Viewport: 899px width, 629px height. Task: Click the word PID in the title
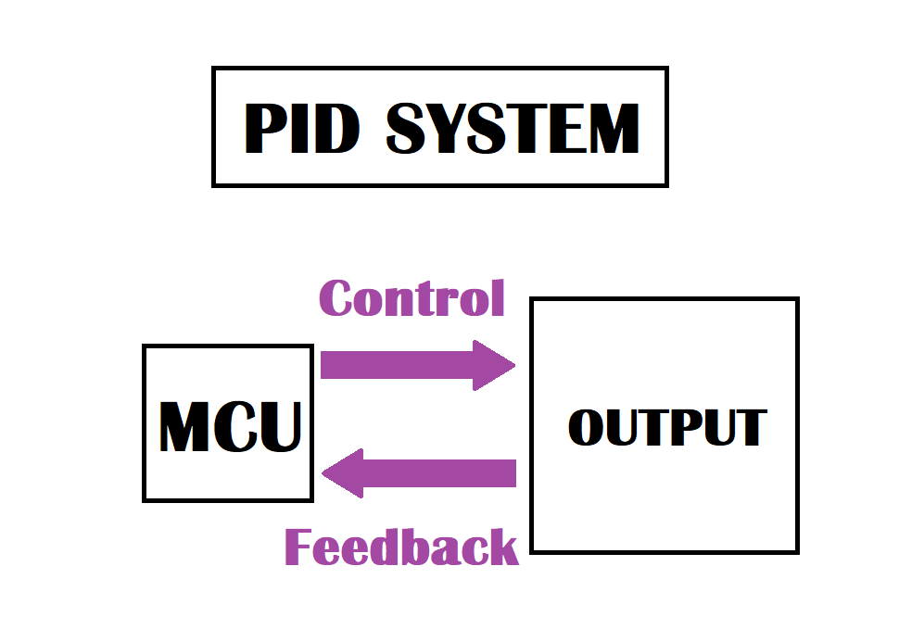tap(300, 129)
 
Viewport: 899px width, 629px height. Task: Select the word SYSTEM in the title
tap(513, 129)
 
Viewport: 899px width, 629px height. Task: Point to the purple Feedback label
tap(400, 547)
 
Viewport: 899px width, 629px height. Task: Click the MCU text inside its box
tap(230, 427)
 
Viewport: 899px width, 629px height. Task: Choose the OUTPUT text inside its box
tap(666, 427)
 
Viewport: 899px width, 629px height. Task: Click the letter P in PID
tap(264, 129)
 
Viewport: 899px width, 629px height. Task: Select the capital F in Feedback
tap(299, 547)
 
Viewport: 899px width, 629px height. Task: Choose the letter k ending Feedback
tap(501, 547)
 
